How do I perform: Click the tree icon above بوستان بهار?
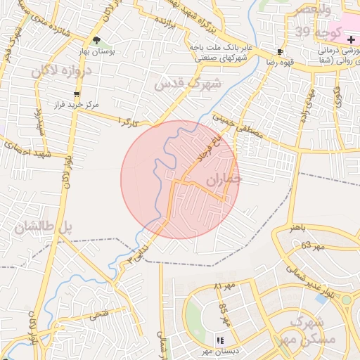pos(97,40)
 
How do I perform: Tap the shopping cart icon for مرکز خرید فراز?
pos(76,95)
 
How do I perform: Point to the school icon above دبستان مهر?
pos(220,340)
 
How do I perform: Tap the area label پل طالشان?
pos(44,227)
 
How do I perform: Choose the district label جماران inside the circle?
pos(223,180)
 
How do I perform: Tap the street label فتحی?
pos(98,314)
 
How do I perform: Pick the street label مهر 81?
pos(223,287)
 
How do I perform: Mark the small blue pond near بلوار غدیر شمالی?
pos(321,298)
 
